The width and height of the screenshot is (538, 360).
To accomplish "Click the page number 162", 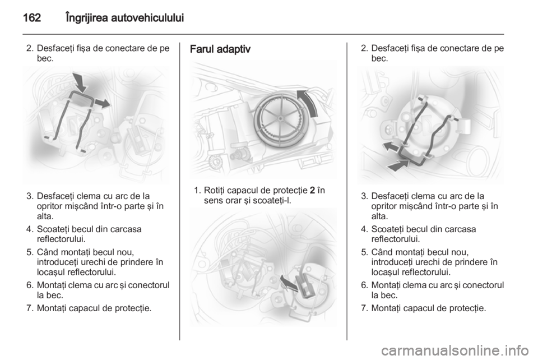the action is (32, 17).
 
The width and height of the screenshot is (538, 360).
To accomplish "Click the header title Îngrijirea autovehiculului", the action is (124, 18).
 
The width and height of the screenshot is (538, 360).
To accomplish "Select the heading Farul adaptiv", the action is (220, 49).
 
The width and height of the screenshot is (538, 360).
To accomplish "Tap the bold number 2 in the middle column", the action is (312, 190).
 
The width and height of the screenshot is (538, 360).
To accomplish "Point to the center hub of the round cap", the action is (280, 118).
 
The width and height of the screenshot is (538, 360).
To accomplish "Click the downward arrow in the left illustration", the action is (81, 83).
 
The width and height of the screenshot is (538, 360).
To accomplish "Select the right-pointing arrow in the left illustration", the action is (102, 103).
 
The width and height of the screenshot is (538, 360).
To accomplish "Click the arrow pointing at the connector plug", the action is (289, 282).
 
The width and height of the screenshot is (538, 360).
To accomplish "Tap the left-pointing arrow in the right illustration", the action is (391, 146).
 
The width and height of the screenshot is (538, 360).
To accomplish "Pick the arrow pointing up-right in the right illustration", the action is (398, 165).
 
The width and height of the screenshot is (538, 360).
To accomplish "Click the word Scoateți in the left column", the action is (53, 229).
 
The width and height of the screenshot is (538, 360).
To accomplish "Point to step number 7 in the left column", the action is (30, 308).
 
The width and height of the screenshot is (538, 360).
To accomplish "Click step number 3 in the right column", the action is (364, 196).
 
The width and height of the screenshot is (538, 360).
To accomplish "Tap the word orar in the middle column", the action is (233, 200).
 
